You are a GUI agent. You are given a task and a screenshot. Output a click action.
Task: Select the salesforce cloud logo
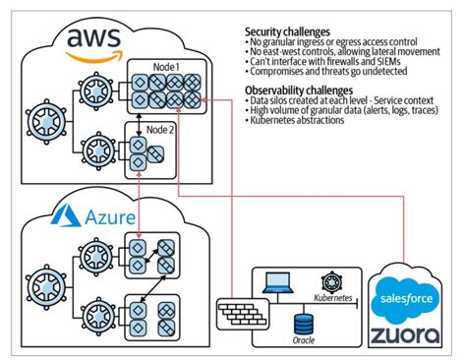(x=403, y=298)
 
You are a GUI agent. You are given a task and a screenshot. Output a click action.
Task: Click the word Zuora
(x=403, y=333)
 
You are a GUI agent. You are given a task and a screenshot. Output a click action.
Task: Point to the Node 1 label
(x=164, y=65)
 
